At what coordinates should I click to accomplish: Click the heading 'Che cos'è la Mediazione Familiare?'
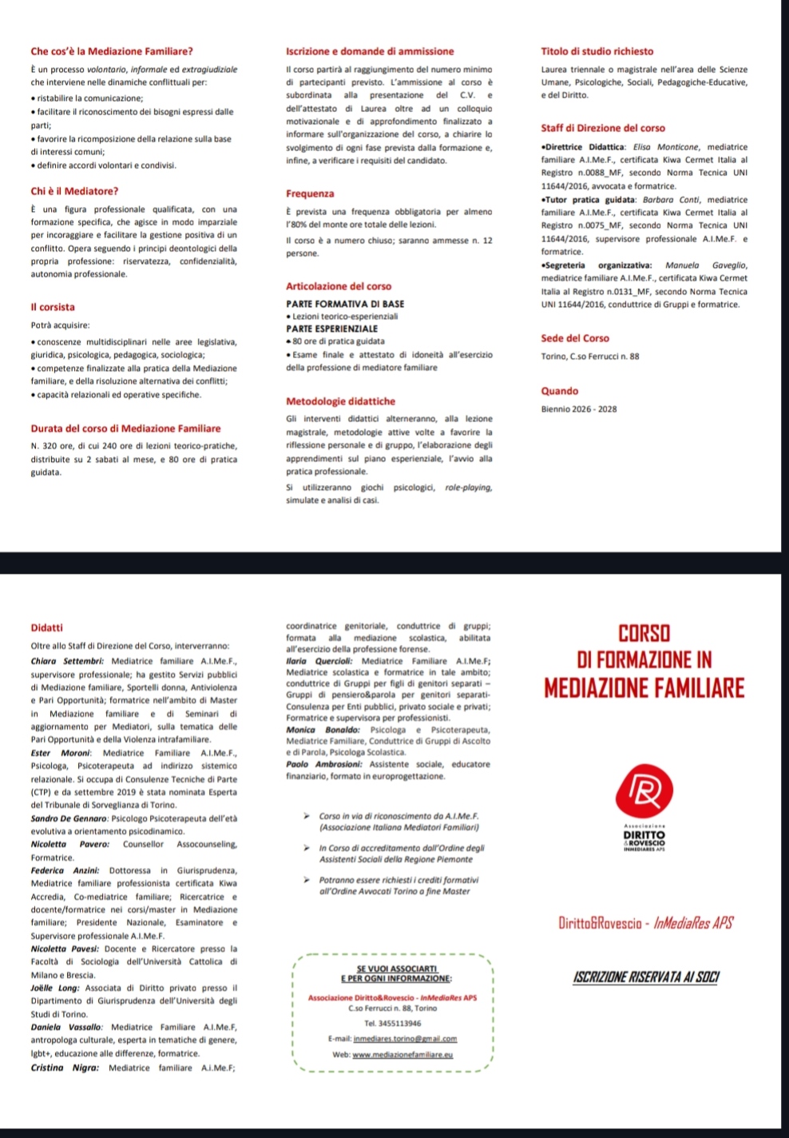[111, 52]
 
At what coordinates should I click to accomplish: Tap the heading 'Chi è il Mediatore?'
[74, 192]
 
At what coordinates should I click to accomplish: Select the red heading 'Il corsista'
[53, 307]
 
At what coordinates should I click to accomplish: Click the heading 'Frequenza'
[310, 194]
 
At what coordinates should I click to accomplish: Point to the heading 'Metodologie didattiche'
[340, 401]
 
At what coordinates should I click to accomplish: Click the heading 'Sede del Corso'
[574, 339]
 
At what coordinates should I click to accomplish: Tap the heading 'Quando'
[560, 392]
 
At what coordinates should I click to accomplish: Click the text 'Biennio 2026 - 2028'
[579, 409]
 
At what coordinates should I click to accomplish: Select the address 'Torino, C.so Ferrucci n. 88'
[590, 356]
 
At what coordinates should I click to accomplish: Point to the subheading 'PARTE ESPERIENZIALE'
[332, 328]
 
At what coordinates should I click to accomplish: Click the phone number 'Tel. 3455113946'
[394, 1024]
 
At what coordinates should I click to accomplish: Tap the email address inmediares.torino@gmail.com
[394, 1039]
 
